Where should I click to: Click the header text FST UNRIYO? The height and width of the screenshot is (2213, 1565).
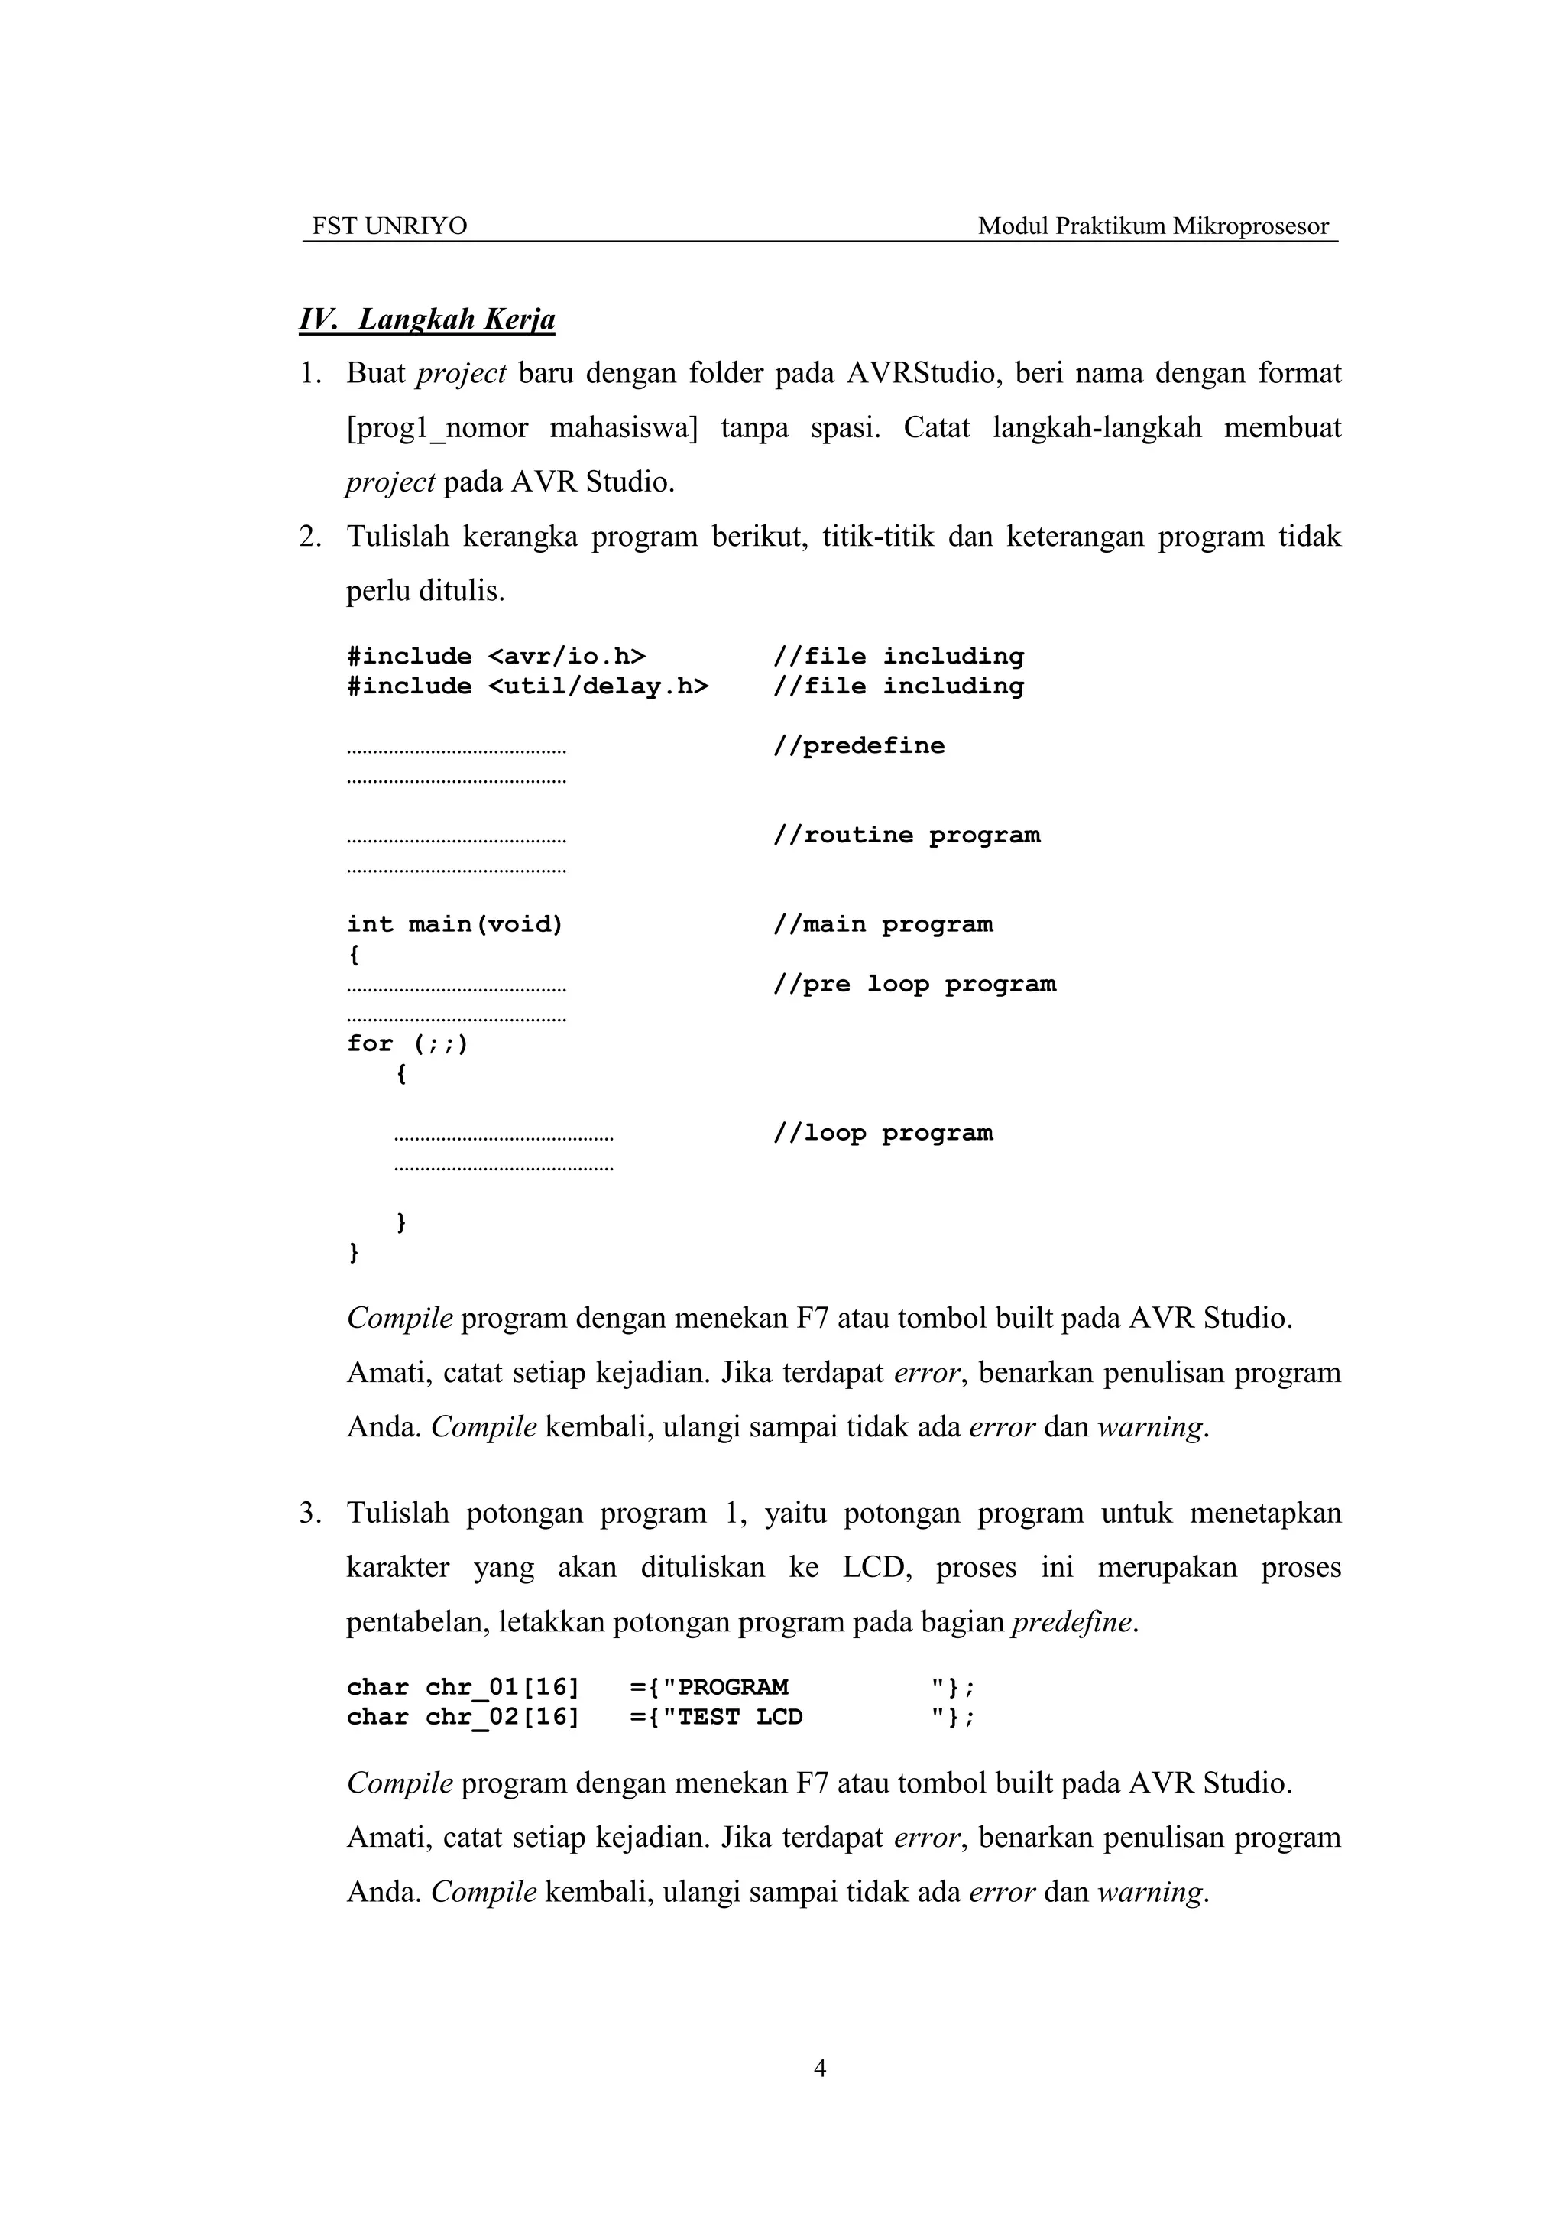click(389, 226)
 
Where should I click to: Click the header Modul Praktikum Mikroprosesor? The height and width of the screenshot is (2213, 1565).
click(1152, 226)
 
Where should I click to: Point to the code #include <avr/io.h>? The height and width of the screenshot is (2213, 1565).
click(496, 657)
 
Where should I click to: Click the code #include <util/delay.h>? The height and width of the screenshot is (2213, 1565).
click(527, 686)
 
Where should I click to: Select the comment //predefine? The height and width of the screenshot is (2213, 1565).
click(859, 746)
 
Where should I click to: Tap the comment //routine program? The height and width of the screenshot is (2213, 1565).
click(906, 836)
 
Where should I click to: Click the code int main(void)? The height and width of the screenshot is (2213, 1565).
click(455, 925)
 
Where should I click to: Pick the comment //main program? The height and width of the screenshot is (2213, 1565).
click(882, 925)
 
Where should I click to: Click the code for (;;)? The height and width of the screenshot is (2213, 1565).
click(407, 1044)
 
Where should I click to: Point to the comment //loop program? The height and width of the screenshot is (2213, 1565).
click(882, 1134)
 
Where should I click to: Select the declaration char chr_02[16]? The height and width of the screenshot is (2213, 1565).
click(462, 1718)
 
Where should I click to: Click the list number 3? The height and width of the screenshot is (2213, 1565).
click(309, 1514)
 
